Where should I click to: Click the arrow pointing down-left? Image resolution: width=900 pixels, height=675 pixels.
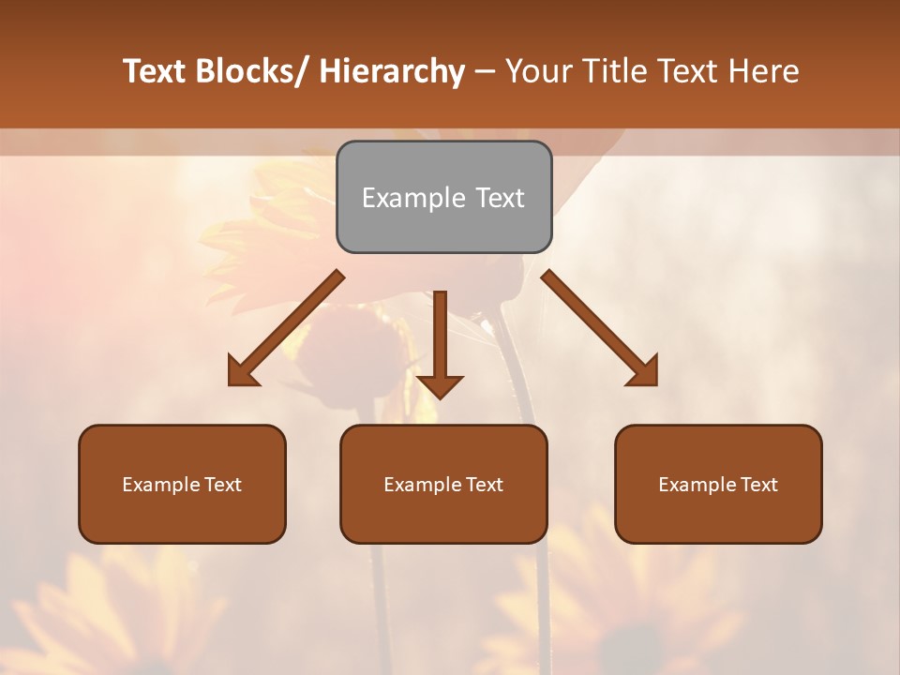tap(286, 328)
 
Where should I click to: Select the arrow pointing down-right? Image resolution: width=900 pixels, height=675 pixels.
tap(600, 328)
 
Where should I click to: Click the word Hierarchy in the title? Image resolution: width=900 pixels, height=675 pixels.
tap(392, 71)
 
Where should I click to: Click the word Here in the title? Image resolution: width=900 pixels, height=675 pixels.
tap(762, 71)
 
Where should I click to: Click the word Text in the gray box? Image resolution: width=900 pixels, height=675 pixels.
tap(499, 198)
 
